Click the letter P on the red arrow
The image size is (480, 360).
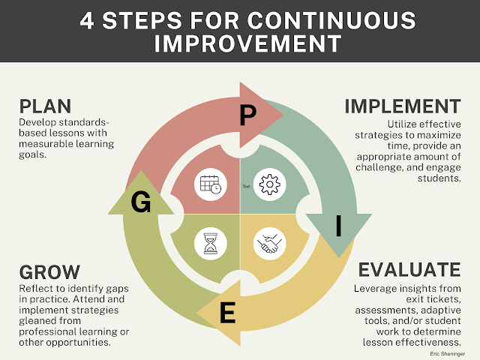point(247,115)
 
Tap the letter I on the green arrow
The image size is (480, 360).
point(338,226)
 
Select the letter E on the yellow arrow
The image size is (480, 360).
point(228,312)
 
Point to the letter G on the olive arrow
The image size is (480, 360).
point(141,202)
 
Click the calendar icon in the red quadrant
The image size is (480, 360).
point(211,184)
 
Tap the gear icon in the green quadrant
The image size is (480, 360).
point(270,184)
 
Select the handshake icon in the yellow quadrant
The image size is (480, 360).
point(270,244)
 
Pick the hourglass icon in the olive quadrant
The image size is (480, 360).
point(211,244)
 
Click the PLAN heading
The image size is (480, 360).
point(45,106)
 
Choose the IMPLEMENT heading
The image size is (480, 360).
point(403,106)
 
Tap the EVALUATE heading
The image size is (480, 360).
point(409,270)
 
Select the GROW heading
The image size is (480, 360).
point(49,271)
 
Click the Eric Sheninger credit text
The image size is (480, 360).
point(447,354)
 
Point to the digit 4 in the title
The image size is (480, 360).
point(87,21)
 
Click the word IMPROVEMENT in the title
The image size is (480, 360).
point(247,43)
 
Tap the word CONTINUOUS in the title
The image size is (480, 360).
point(331,21)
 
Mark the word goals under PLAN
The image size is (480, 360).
point(32,155)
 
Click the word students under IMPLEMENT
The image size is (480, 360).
point(439,178)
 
